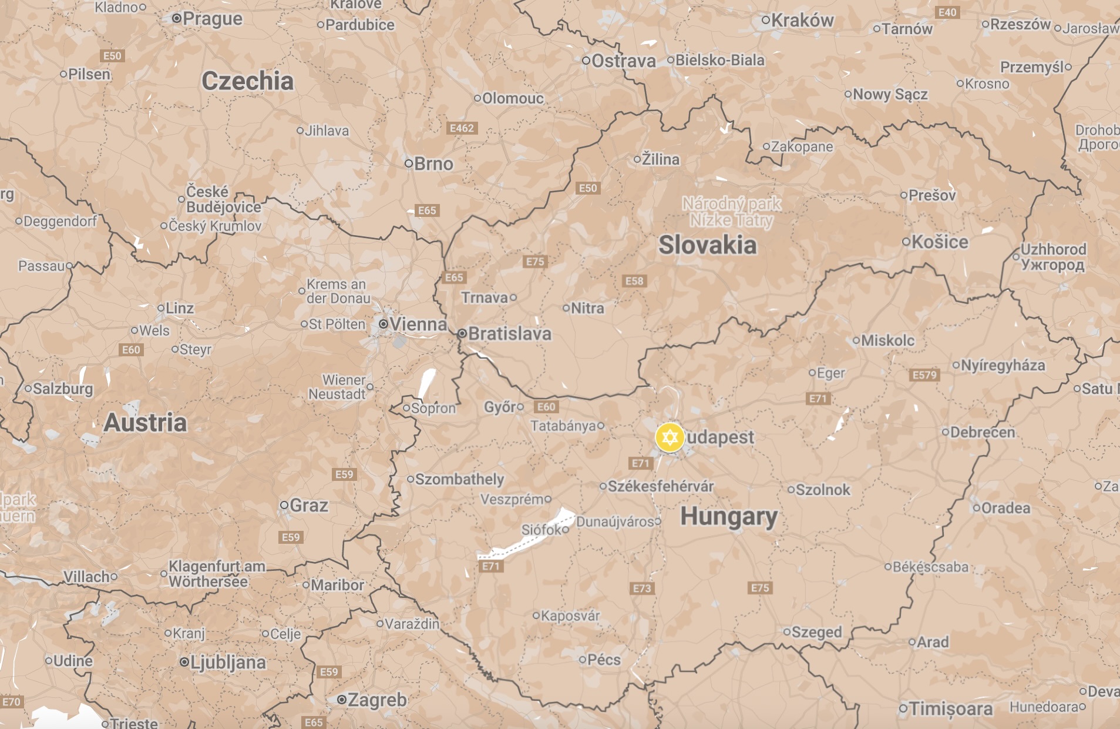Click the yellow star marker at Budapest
[670, 437]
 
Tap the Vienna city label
[418, 324]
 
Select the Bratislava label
[509, 334]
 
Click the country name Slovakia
[707, 245]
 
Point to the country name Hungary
[729, 517]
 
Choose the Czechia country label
[247, 81]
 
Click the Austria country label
[145, 423]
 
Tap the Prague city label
[212, 19]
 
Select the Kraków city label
[802, 21]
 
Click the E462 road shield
[462, 128]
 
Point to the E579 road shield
[924, 375]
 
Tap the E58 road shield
[634, 281]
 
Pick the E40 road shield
[947, 12]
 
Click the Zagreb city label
[376, 700]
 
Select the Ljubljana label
[227, 663]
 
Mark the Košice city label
[939, 242]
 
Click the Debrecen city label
[982, 432]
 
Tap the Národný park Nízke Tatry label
[731, 212]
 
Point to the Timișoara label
[950, 708]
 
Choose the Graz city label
[308, 505]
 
